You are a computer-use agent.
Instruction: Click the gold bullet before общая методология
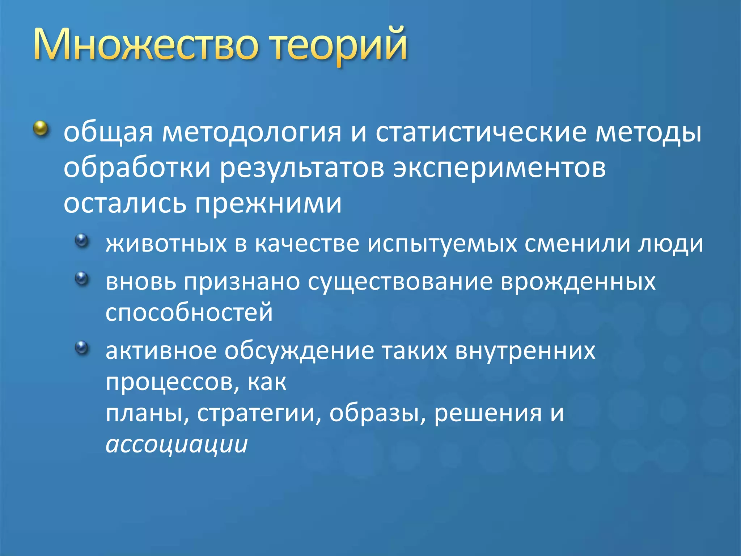pos(41,129)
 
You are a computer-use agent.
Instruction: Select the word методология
pos(251,132)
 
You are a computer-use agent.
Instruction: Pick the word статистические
pos(481,132)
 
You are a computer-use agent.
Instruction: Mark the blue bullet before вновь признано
pos(82,278)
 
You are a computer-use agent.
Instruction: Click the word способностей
pos(189,313)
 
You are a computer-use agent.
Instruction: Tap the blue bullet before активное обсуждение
pos(82,347)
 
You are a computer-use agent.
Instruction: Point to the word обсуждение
pos(299,351)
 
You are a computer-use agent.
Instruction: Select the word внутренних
pos(525,351)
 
